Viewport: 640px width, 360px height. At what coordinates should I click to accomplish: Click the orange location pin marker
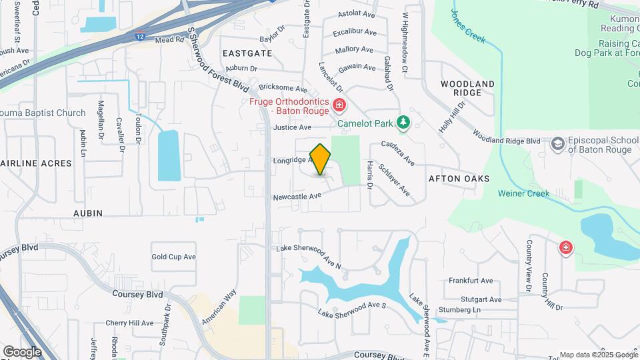[321, 159]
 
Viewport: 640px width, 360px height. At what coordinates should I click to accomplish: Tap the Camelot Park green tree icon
[403, 123]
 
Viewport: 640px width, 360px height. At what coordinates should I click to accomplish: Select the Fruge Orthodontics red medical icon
[339, 105]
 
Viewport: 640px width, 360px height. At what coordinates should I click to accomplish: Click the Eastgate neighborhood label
[247, 53]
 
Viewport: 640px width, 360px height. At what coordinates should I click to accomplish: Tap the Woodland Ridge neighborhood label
[468, 88]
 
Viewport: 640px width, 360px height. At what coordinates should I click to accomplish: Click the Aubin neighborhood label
[88, 213]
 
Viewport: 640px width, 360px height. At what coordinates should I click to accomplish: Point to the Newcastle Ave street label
[297, 196]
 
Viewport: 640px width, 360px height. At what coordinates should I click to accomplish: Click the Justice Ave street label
[292, 127]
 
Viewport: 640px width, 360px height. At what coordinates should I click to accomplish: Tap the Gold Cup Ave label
[173, 257]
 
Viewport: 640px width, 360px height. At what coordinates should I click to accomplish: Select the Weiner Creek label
[523, 193]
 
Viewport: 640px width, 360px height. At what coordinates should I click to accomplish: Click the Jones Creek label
[468, 26]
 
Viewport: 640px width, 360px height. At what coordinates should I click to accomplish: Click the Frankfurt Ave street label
[470, 281]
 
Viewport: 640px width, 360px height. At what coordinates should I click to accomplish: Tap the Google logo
[21, 351]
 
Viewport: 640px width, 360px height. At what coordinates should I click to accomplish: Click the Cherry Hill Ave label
[129, 323]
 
